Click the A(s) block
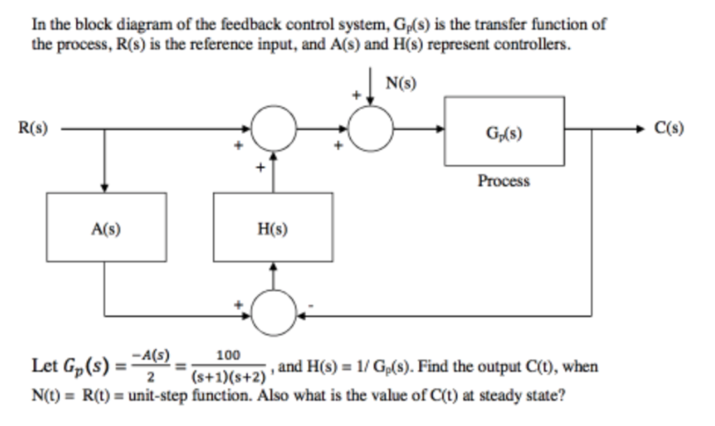click(x=106, y=228)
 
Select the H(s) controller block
click(x=273, y=228)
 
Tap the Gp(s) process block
click(x=503, y=131)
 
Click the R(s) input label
click(x=34, y=128)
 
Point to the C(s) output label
click(x=669, y=128)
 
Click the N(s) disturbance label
click(x=401, y=85)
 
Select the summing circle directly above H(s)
click(x=273, y=129)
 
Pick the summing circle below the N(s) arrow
click(x=370, y=129)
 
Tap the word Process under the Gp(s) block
click(x=503, y=181)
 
